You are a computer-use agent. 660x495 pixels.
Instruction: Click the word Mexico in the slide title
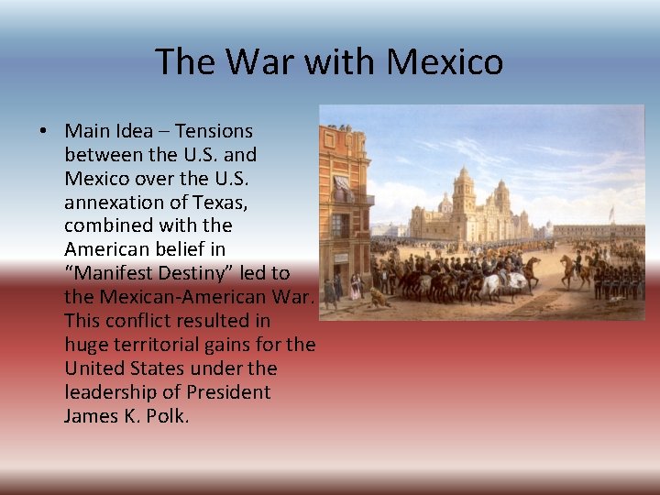pyautogui.click(x=445, y=62)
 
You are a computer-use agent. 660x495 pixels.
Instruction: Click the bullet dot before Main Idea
pyautogui.click(x=43, y=131)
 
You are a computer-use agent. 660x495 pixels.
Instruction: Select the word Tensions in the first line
pyautogui.click(x=214, y=131)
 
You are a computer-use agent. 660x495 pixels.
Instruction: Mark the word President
pyautogui.click(x=228, y=392)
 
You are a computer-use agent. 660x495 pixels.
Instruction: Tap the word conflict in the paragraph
pyautogui.click(x=142, y=321)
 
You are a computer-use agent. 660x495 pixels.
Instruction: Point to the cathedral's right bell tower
pyautogui.click(x=501, y=197)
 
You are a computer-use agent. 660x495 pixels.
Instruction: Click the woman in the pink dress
pyautogui.click(x=355, y=288)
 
